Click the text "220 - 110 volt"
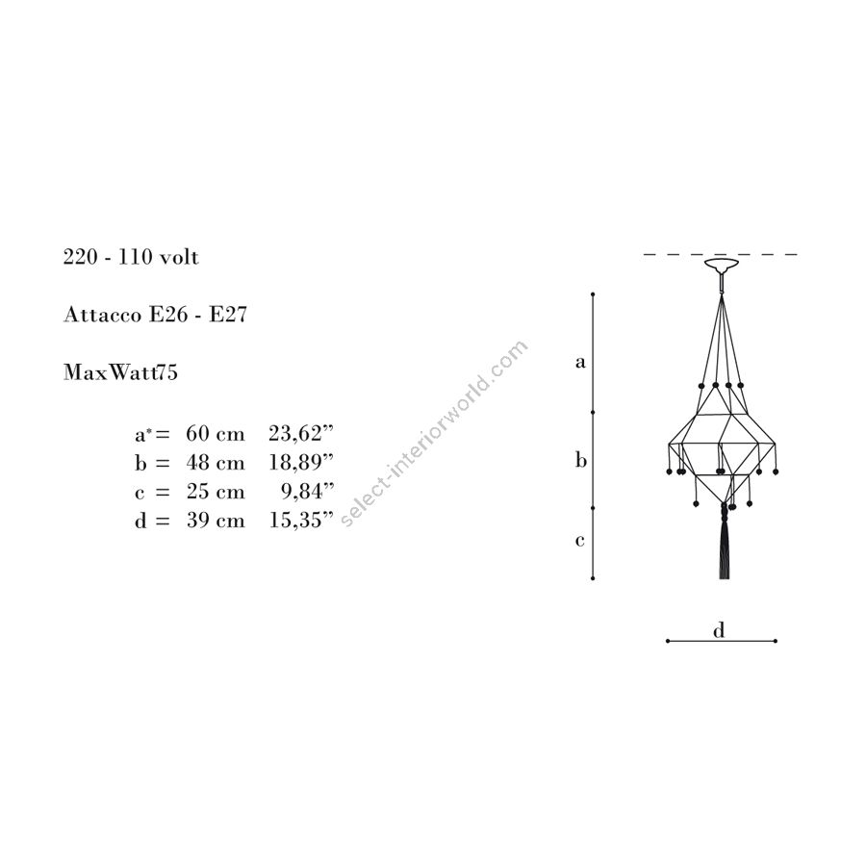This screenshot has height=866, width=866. (131, 257)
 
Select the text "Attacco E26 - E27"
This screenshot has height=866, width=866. (155, 315)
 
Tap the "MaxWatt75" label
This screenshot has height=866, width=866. (120, 372)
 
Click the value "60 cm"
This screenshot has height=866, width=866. (216, 434)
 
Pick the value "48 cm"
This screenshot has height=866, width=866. (216, 462)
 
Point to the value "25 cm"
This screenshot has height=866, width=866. (216, 491)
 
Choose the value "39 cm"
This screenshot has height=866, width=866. (216, 521)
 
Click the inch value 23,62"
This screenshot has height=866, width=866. (301, 434)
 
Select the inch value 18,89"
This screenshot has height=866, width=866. (301, 462)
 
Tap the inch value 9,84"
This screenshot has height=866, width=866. (308, 491)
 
